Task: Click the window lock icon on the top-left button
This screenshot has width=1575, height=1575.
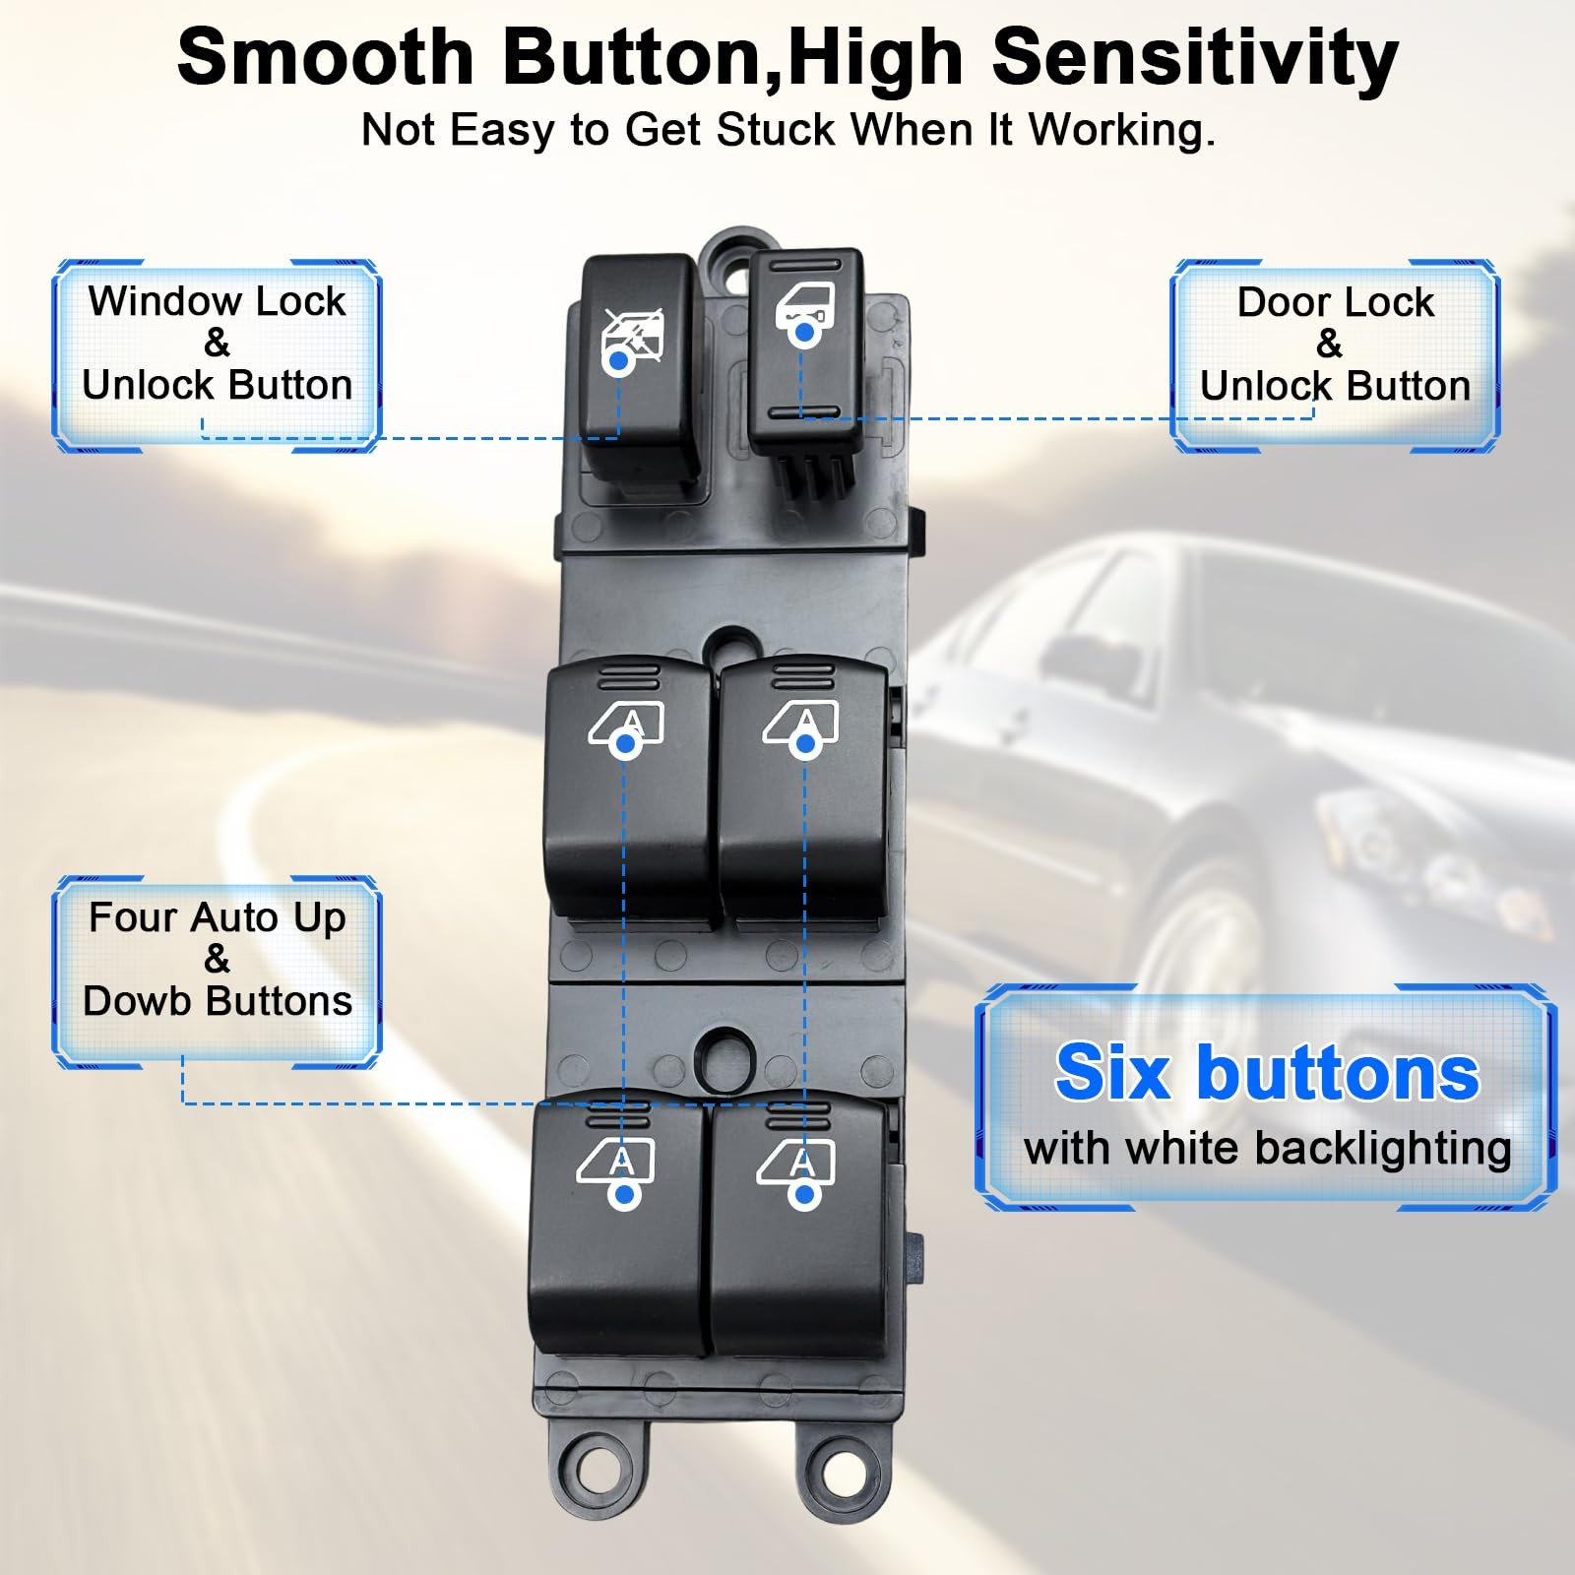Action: pos(633,335)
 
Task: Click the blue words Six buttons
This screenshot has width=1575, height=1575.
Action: pos(1267,1073)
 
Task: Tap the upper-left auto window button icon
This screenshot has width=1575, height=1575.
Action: pos(626,726)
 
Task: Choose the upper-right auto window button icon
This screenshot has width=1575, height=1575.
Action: pos(801,725)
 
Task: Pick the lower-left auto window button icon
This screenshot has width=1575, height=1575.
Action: pos(617,1164)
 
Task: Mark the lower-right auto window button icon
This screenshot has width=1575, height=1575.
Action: pos(796,1164)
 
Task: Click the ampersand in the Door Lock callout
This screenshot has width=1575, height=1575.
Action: pos(1329,344)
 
